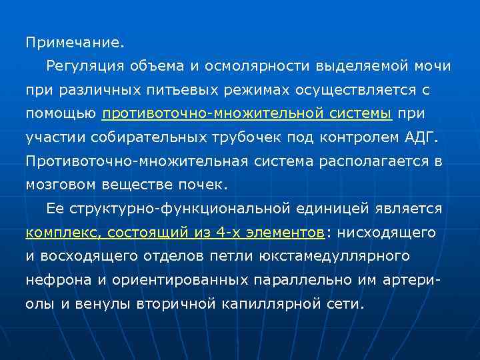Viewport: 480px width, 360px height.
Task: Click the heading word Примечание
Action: click(x=75, y=43)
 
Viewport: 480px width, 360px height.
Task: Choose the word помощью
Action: click(x=60, y=114)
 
